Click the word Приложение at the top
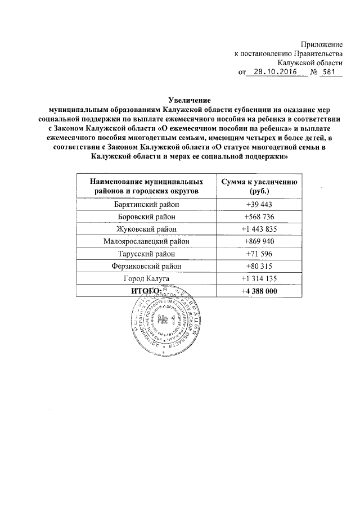pyautogui.click(x=321, y=44)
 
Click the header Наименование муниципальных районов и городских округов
pyautogui.click(x=146, y=187)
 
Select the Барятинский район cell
pyautogui.click(x=146, y=204)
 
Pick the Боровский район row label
pyautogui.click(x=146, y=217)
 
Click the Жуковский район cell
pyautogui.click(x=146, y=229)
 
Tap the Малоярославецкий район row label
pyautogui.click(x=146, y=241)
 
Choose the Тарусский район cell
pyautogui.click(x=146, y=254)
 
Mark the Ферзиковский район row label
pyautogui.click(x=146, y=266)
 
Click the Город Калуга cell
pyautogui.click(x=146, y=278)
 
